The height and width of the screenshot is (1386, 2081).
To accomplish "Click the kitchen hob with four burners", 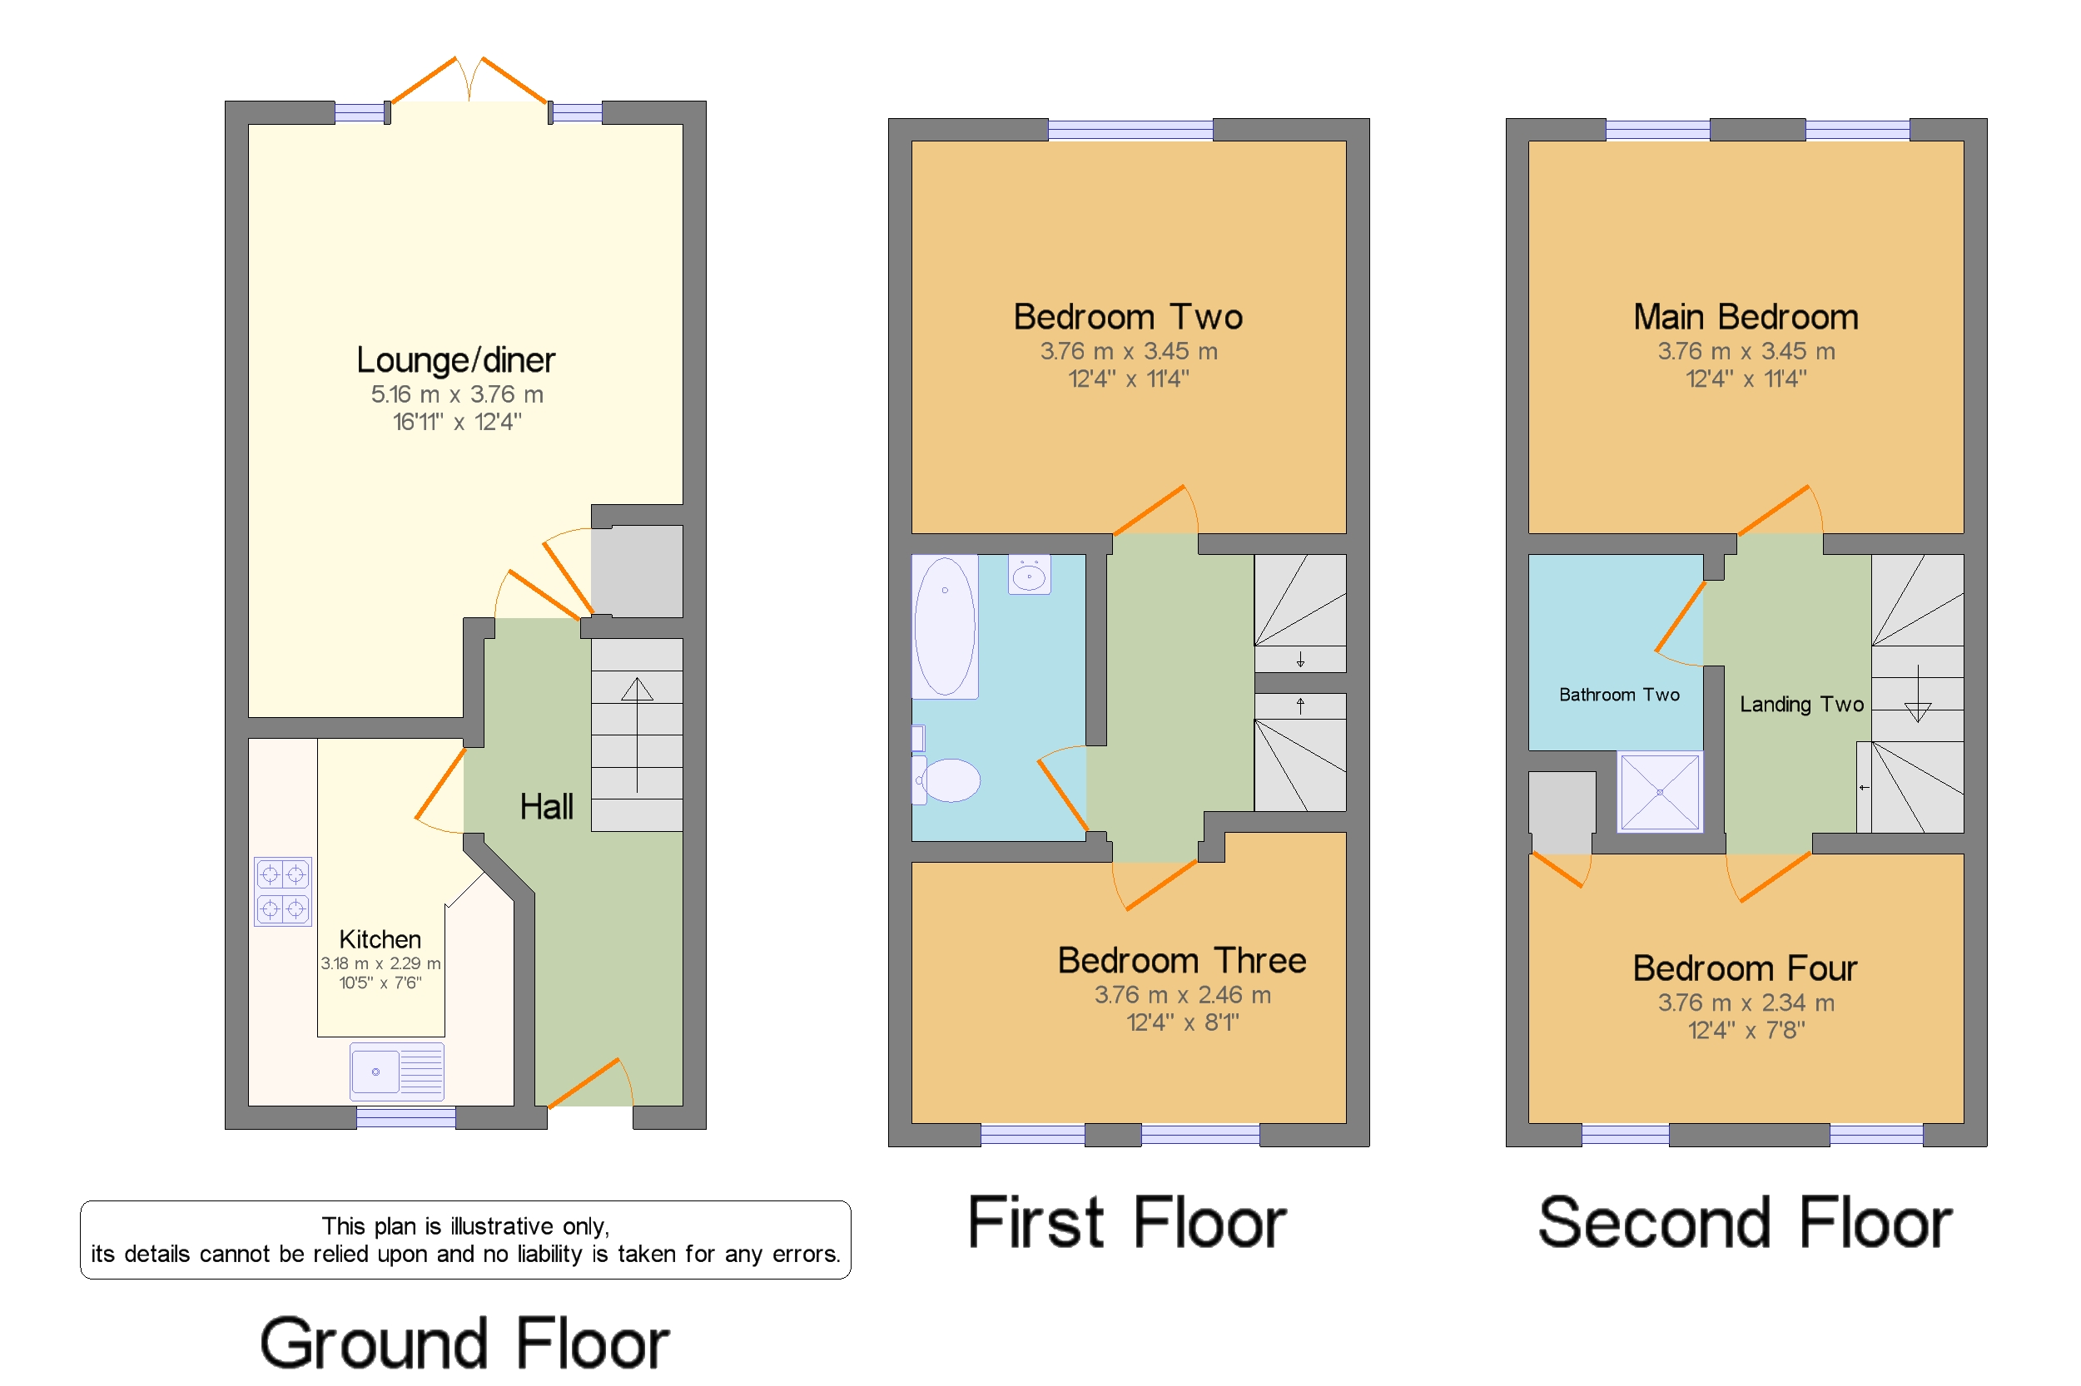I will tap(282, 890).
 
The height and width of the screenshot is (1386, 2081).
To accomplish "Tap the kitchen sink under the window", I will tap(396, 1071).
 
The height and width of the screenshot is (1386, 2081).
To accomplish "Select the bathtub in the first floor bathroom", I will tap(945, 626).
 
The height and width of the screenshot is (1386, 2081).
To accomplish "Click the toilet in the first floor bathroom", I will tap(948, 780).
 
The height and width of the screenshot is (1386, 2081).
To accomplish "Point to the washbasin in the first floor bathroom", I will tap(1029, 576).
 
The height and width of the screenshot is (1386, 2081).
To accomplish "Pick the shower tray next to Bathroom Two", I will tap(1658, 791).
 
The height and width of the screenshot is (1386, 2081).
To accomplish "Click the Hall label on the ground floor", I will tap(546, 806).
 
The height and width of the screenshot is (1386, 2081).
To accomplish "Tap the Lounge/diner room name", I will tap(455, 359).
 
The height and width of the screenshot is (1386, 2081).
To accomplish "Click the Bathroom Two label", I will tap(1618, 695).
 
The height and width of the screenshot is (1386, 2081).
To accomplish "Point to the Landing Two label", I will tap(1800, 705).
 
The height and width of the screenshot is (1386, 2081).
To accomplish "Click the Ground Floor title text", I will tap(464, 1344).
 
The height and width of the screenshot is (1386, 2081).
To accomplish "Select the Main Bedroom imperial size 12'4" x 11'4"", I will tap(1745, 379).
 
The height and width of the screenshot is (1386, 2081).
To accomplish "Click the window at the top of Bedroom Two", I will tap(1130, 130).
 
